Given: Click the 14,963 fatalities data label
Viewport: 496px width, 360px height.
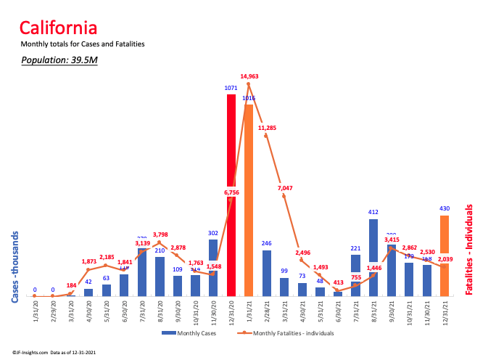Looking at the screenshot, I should point(249,76).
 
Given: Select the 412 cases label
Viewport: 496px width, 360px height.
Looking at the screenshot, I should point(373,213).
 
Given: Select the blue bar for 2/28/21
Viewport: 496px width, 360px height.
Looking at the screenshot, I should point(267,273).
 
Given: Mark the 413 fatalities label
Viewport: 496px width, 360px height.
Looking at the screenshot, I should point(337,282).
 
